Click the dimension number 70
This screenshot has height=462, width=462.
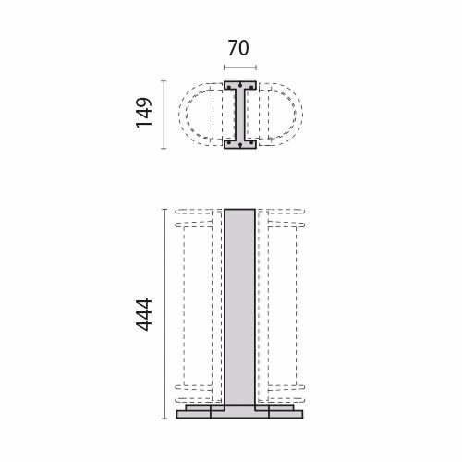tap(238, 48)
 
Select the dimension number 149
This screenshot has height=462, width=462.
tap(144, 113)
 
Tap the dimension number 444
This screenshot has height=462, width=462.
tap(144, 315)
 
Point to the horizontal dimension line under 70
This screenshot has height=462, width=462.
tap(240, 67)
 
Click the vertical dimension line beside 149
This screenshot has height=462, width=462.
tap(164, 115)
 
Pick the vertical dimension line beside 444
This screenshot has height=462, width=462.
tap(164, 314)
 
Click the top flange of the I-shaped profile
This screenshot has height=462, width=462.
tap(240, 85)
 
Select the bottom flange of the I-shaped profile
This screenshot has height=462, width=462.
tap(240, 144)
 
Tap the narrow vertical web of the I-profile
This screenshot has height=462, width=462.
tap(240, 115)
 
